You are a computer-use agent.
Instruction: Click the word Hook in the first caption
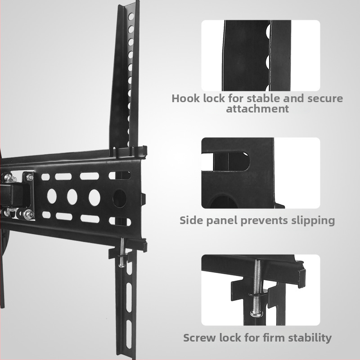185,99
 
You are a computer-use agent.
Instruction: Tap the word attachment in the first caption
257,108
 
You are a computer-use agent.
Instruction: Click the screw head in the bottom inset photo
256,313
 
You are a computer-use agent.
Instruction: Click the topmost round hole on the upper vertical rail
131,17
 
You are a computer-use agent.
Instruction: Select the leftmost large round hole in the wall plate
52,196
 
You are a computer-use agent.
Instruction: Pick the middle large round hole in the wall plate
72,197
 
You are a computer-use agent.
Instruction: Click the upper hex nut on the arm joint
30,177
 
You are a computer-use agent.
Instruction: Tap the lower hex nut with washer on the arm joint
29,214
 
